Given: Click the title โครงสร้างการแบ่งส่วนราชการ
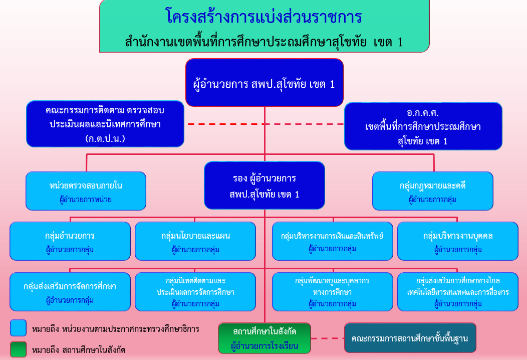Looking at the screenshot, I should pos(263,17).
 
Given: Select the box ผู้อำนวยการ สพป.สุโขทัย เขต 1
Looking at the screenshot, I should pos(264,83).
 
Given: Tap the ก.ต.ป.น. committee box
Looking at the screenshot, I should pos(104,124).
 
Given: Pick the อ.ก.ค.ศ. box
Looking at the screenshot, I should pos(423,126).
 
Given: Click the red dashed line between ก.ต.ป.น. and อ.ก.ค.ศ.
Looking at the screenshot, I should pos(266,124).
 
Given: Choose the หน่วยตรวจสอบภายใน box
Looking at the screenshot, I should pos(86,191).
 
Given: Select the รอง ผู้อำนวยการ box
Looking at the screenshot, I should pos(264,186).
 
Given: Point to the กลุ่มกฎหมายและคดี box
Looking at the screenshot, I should pos(432,191).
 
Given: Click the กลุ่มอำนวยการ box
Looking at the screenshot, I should pos(70,241).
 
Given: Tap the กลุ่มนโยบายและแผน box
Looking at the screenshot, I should pos(195,241).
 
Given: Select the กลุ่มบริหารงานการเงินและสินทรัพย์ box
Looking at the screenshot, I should pos(332,241).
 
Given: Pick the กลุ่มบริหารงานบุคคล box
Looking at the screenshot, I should pos(458,241).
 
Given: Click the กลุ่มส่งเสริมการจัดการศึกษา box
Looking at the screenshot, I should pos(70,291).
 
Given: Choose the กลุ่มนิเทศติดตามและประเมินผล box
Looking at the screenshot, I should pos(195,291).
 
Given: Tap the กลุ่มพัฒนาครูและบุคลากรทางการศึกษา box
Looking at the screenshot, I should pos(332,291).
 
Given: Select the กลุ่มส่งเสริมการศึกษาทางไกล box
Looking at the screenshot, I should pos(458,291).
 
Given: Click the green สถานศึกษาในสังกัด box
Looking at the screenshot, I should pos(265,338).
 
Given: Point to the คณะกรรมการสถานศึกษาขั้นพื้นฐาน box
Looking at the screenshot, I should pos(410,338).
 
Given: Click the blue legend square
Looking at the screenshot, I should pos(18,328).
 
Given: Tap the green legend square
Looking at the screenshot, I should pos(18,349).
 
